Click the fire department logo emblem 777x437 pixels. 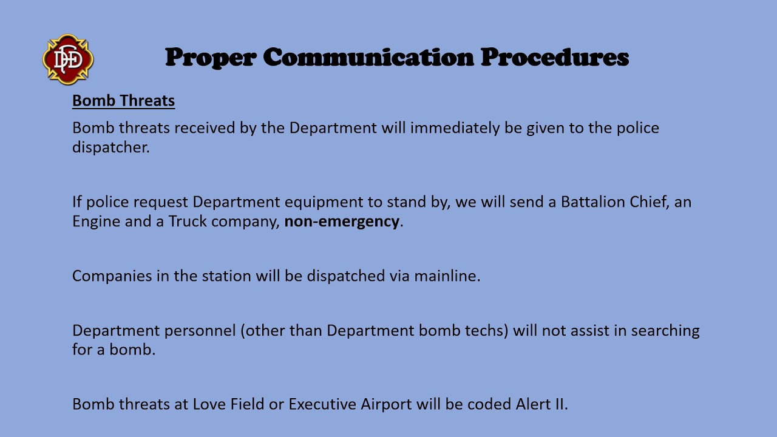tap(68, 59)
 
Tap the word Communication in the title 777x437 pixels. tap(368, 58)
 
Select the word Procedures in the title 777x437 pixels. tap(555, 58)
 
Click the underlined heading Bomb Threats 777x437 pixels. tap(123, 101)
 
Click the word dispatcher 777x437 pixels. tap(110, 147)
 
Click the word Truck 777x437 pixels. tap(188, 221)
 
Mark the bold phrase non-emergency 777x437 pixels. tap(342, 221)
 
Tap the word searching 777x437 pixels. tap(665, 331)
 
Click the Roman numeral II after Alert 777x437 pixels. tap(560, 404)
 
